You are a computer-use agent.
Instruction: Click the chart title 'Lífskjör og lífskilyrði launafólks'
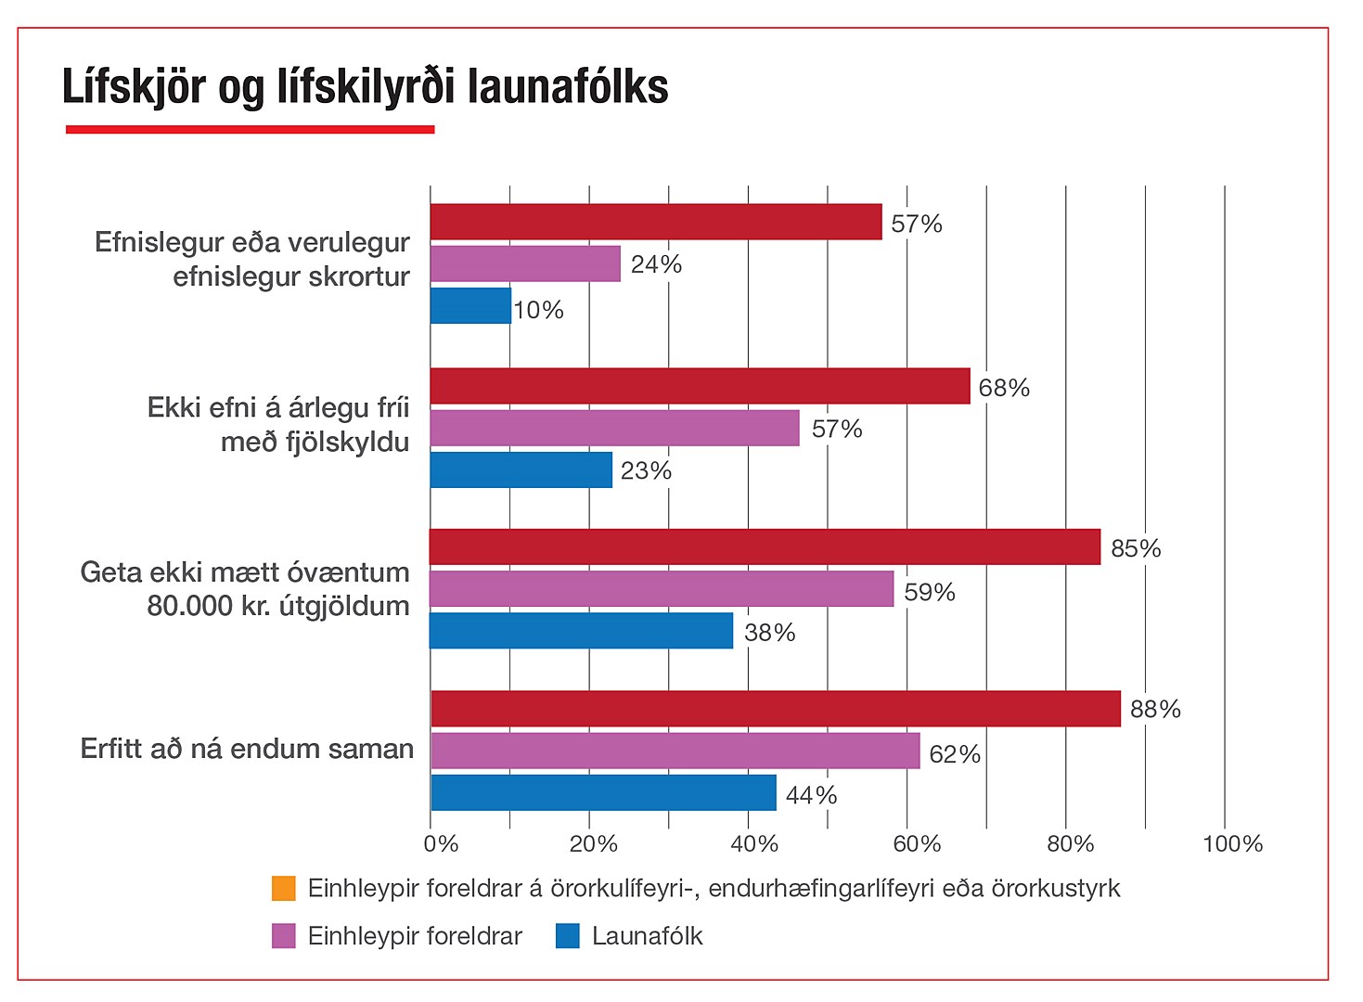[365, 88]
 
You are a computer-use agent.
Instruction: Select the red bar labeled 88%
[776, 709]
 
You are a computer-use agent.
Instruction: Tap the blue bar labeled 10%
[470, 306]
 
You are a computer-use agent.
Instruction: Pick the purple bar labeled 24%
[525, 264]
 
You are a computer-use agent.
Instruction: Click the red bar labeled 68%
[700, 386]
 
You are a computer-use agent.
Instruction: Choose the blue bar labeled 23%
[521, 470]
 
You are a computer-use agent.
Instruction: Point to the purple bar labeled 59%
[662, 589]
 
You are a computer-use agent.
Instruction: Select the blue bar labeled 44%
[603, 793]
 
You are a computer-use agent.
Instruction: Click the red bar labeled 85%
[765, 547]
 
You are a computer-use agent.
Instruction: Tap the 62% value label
[955, 754]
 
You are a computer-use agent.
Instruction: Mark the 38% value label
[770, 633]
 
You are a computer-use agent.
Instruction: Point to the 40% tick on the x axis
[754, 844]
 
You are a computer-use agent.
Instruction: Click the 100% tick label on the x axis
[1232, 844]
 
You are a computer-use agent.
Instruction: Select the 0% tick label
[441, 844]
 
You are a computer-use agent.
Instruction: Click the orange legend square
[284, 889]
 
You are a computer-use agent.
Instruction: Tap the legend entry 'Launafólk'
[647, 936]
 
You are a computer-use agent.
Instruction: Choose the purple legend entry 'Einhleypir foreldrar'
[415, 936]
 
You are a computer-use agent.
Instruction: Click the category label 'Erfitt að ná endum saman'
[247, 749]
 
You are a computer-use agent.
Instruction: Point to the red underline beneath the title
[250, 130]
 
